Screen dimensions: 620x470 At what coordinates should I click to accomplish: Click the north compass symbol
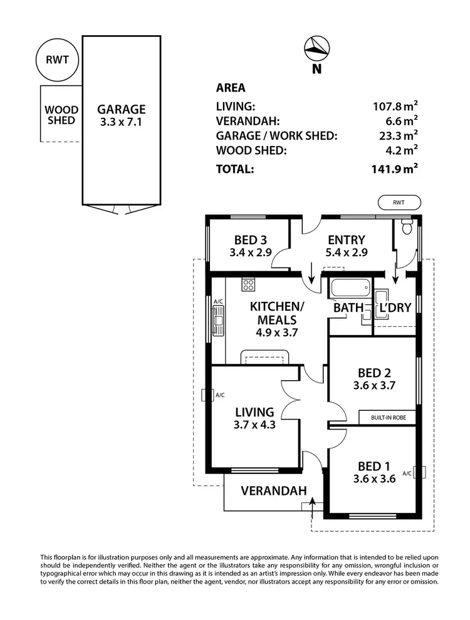[x=316, y=48]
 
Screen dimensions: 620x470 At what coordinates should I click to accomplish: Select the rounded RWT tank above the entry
[x=400, y=202]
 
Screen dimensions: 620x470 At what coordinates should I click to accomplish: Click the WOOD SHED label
[x=61, y=115]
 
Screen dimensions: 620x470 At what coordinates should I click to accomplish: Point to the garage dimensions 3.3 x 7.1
[x=121, y=122]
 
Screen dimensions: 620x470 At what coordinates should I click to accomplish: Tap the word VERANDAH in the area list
[x=248, y=120]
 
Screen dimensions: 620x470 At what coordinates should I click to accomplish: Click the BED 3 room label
[x=250, y=240]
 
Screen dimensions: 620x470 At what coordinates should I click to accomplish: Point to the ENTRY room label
[x=346, y=240]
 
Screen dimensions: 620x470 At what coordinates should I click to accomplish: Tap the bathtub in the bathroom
[x=350, y=289]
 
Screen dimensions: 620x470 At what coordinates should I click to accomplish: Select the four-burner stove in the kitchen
[x=248, y=286]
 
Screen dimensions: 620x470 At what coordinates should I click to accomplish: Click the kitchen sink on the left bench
[x=218, y=322]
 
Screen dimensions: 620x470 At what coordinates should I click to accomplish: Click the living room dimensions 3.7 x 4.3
[x=254, y=425]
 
